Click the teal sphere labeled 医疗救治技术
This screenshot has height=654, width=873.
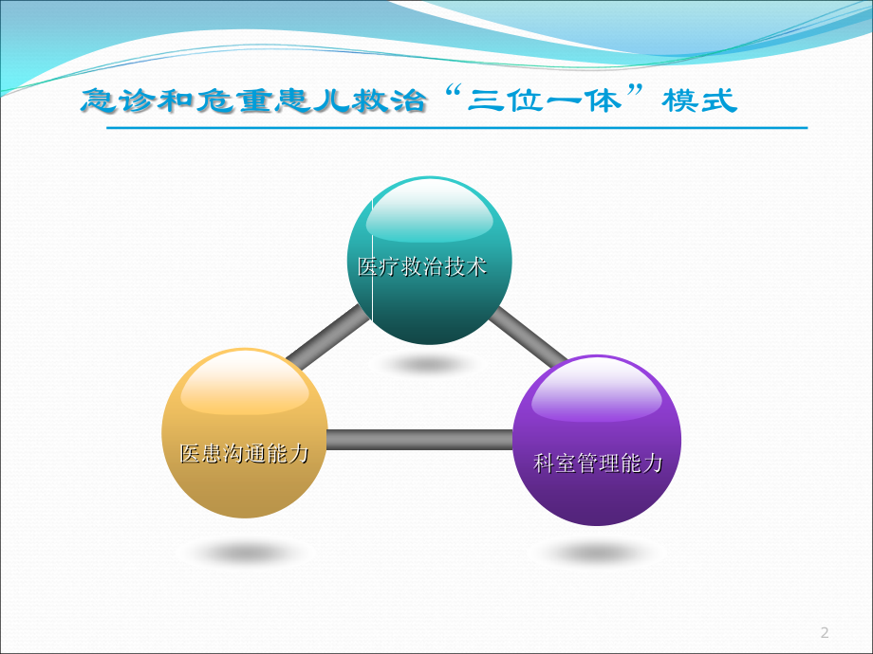click(430, 303)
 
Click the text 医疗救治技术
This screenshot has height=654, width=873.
click(422, 267)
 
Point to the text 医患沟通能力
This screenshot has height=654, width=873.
click(245, 454)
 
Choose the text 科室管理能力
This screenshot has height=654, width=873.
click(598, 463)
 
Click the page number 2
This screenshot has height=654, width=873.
click(824, 632)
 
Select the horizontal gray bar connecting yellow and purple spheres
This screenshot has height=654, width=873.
click(419, 440)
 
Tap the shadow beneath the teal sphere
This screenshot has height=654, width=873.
click(429, 363)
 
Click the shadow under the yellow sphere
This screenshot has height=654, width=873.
click(245, 553)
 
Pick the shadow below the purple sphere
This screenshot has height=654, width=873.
click(596, 553)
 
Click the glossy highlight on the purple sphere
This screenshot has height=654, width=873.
click(596, 394)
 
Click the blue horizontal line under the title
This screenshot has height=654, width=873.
click(455, 127)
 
